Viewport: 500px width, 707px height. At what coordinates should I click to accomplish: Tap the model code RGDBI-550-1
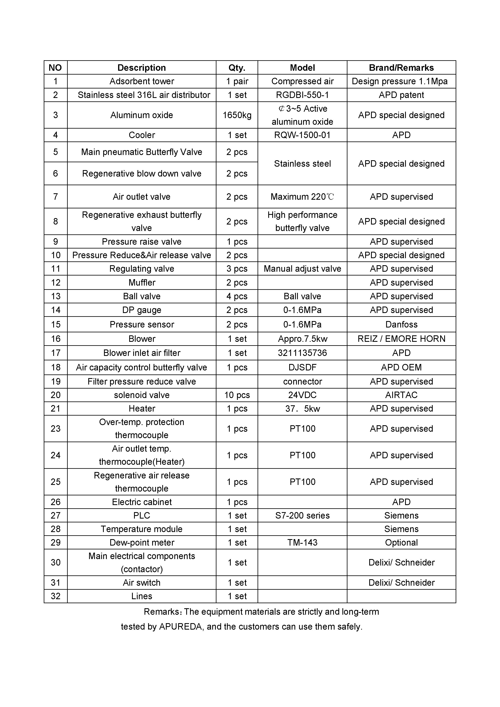302,95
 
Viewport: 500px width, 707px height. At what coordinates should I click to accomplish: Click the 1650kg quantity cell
237,115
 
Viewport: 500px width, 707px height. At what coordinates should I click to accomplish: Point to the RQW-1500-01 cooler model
302,135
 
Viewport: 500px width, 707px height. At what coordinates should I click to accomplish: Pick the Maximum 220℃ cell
302,197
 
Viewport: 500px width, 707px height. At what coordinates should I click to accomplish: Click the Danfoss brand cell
401,324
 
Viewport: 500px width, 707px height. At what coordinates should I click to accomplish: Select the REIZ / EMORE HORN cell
401,339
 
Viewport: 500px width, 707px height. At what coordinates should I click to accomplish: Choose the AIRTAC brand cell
401,395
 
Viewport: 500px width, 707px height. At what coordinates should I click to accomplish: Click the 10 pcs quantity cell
237,395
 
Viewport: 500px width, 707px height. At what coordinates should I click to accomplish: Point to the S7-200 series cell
302,516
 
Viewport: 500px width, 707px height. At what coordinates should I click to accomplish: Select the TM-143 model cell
302,543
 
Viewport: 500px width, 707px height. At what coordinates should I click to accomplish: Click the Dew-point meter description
142,543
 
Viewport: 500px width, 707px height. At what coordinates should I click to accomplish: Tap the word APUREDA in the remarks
180,627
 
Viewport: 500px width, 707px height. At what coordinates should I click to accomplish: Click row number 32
55,596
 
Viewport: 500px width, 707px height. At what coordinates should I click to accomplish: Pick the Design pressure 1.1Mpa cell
399,81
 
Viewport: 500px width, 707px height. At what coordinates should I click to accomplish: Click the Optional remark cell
401,543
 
